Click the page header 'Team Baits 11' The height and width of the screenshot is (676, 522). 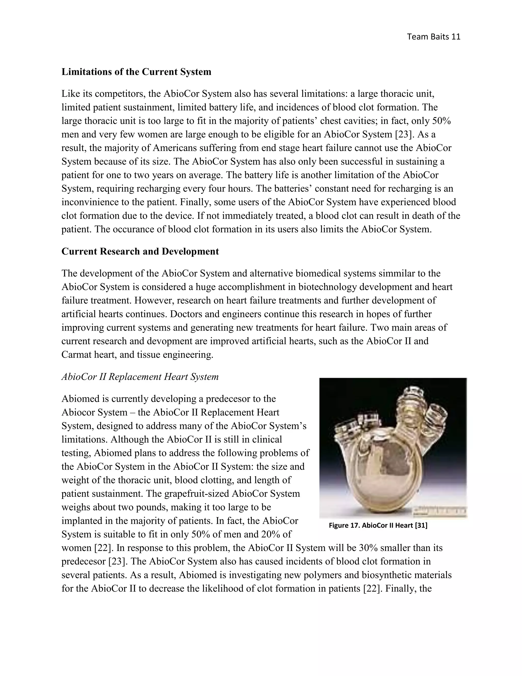[x=434, y=37]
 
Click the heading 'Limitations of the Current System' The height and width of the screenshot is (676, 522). [x=136, y=72]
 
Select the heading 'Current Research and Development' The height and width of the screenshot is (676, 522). [x=140, y=251]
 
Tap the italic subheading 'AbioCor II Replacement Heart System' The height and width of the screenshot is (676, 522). [x=140, y=377]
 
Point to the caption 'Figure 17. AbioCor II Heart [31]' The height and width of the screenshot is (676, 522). [x=378, y=525]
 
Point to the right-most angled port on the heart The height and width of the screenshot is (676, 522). [x=436, y=415]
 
